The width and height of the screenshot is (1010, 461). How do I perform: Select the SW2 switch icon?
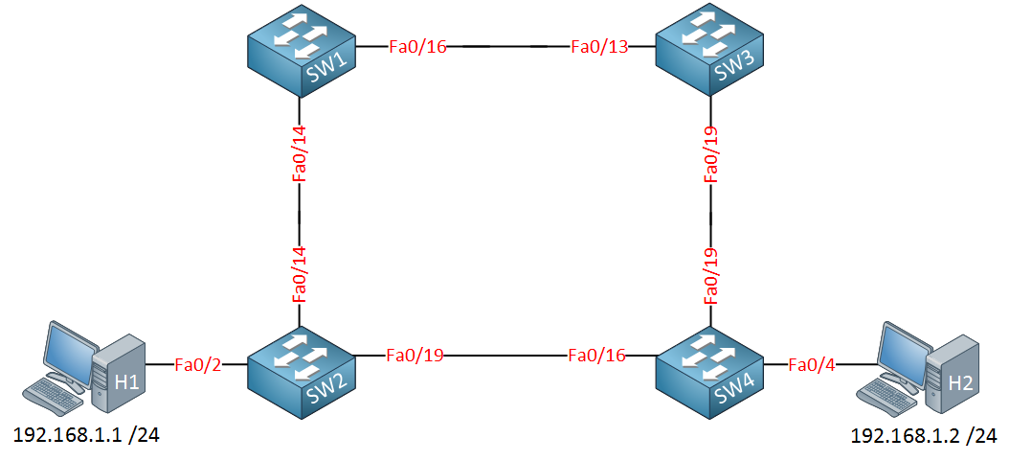[302, 369]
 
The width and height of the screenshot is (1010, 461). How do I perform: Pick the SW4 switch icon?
[709, 371]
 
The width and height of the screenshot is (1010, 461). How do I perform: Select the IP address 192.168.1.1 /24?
[85, 436]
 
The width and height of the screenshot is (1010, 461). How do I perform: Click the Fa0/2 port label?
[198, 364]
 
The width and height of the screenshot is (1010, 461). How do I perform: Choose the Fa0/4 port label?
[813, 364]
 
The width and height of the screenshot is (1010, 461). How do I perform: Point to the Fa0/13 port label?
[599, 47]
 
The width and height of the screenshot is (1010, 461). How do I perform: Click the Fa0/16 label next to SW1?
[417, 47]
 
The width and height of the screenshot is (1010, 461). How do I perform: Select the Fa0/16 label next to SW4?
[596, 356]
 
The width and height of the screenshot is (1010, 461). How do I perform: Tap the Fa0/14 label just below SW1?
[300, 150]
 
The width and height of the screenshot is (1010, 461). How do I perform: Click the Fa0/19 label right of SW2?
[415, 356]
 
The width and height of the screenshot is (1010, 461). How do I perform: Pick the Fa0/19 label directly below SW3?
[710, 151]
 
